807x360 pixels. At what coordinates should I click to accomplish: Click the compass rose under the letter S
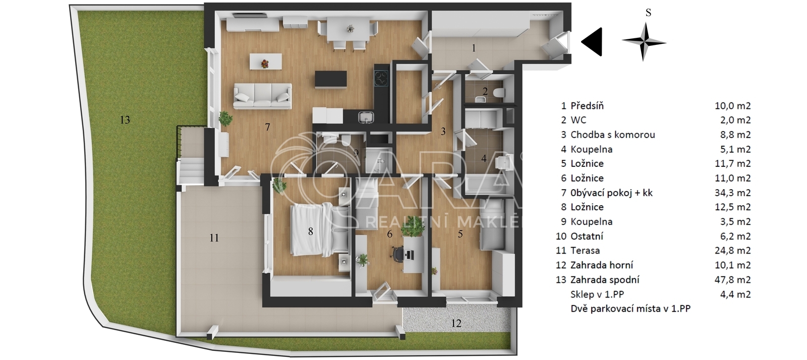644,42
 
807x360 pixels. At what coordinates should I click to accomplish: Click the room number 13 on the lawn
125,120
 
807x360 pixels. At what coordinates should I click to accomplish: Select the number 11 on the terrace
214,237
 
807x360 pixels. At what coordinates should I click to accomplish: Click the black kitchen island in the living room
331,79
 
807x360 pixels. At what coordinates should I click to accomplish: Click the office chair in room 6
398,255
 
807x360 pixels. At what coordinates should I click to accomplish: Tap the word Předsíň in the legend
587,106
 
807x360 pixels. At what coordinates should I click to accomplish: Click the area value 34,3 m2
732,193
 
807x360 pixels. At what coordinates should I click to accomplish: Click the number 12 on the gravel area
456,323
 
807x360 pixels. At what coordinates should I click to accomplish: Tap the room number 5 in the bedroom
460,234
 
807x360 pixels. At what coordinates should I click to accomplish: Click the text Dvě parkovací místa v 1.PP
630,309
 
